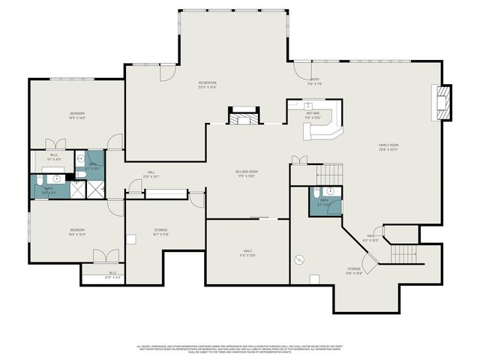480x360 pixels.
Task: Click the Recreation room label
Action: [x=208, y=84]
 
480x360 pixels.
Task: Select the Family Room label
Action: [x=388, y=147]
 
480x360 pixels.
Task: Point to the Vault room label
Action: [x=247, y=253]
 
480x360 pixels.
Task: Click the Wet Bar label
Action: [x=312, y=115]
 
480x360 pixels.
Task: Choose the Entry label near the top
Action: [x=314, y=82]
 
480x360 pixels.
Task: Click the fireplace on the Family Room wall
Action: [x=443, y=102]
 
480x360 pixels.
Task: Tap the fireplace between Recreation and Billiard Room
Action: [x=244, y=118]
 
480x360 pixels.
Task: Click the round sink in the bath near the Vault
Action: [x=330, y=191]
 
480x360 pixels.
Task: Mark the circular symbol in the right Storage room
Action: [x=299, y=259]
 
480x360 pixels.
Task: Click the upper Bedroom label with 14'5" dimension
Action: [x=77, y=115]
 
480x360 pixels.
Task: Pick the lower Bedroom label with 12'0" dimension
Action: [x=77, y=232]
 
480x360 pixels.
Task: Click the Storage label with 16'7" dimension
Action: [x=161, y=232]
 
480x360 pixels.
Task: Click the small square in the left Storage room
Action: [x=132, y=241]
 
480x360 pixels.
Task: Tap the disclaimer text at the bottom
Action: [x=239, y=349]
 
